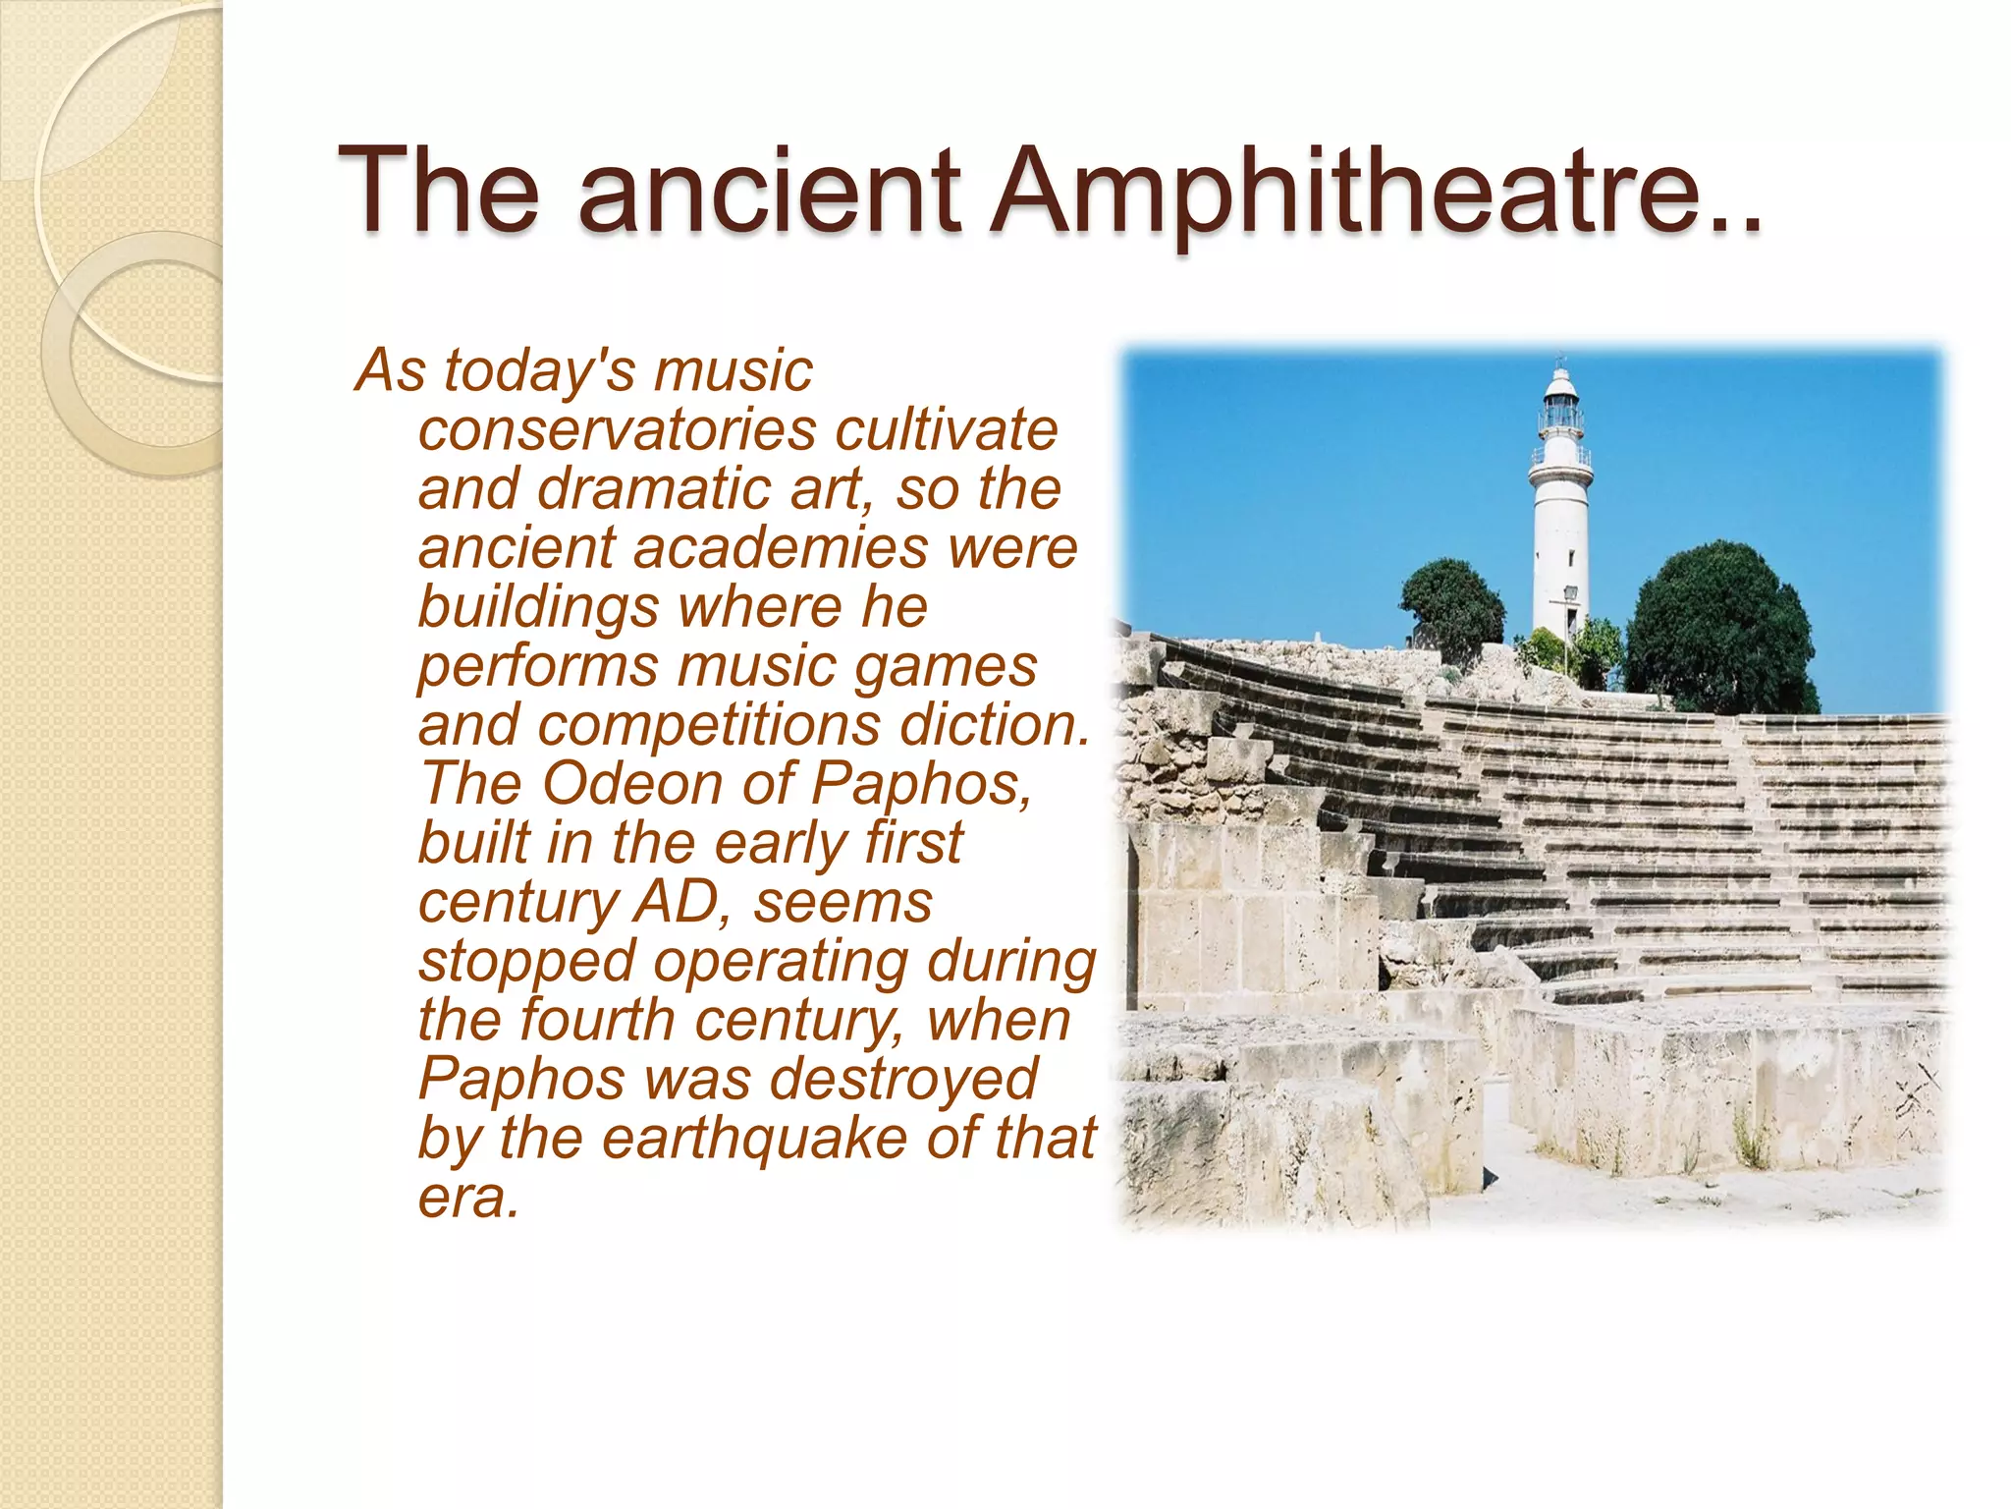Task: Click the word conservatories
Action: tap(617, 430)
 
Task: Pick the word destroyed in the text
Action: tap(902, 1079)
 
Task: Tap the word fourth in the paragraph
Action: tap(596, 1020)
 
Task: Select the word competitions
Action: tap(709, 725)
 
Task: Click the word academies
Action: tap(780, 548)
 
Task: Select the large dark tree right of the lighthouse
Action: tap(1718, 629)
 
